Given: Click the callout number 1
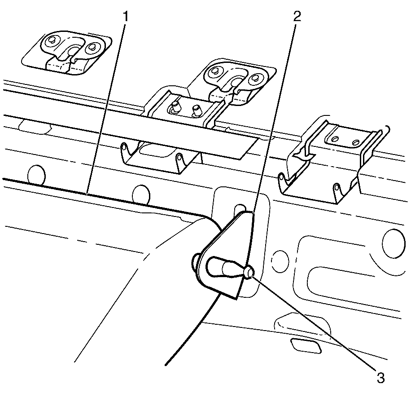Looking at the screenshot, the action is (x=125, y=16).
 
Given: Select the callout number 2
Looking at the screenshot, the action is (x=297, y=16).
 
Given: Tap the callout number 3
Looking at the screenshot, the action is (x=380, y=378).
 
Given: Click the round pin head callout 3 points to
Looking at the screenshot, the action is (x=249, y=272).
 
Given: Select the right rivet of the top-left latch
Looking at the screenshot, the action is (x=92, y=47).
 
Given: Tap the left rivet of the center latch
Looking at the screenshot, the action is (x=215, y=71).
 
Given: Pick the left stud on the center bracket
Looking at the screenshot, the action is (x=175, y=107).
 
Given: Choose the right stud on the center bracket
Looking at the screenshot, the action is (x=196, y=110).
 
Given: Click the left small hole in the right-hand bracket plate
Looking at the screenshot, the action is (x=335, y=138).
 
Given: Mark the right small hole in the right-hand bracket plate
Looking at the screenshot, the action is (x=355, y=142).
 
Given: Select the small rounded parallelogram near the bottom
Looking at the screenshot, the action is (x=306, y=345).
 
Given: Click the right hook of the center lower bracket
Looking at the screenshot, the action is (x=179, y=160).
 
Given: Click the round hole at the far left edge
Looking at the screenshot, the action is (x=36, y=174).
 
